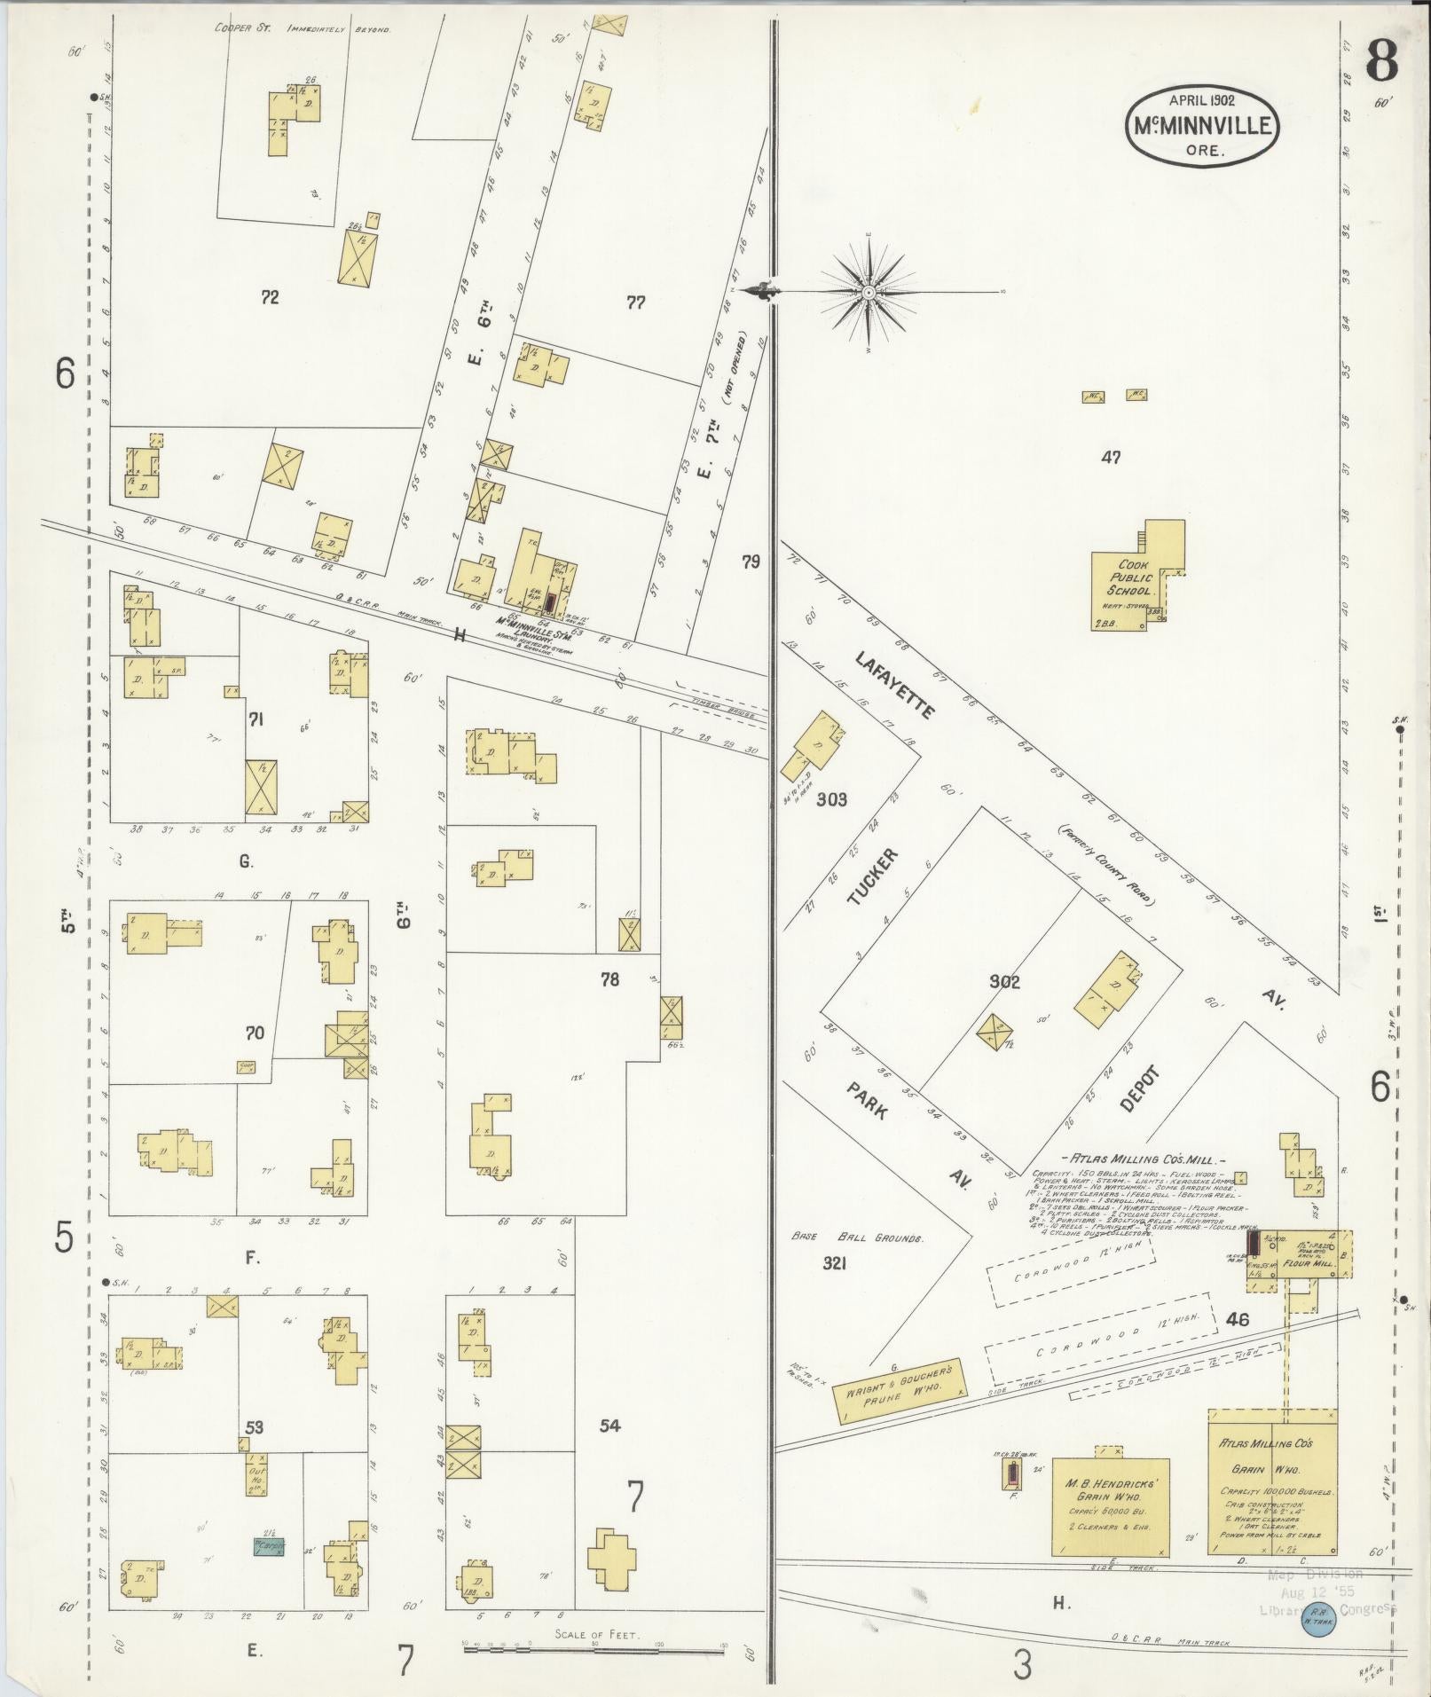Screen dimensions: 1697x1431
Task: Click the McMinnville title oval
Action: [1204, 125]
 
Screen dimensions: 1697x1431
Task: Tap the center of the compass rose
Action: [869, 292]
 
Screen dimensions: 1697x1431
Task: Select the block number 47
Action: [1111, 458]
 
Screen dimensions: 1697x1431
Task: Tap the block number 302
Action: [1004, 982]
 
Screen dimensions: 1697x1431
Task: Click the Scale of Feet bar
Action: [594, 1645]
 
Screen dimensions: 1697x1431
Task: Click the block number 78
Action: [609, 979]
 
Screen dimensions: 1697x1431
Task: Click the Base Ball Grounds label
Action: [858, 1237]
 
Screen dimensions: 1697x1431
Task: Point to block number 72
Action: [270, 298]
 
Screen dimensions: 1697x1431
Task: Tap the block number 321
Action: [834, 1264]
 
